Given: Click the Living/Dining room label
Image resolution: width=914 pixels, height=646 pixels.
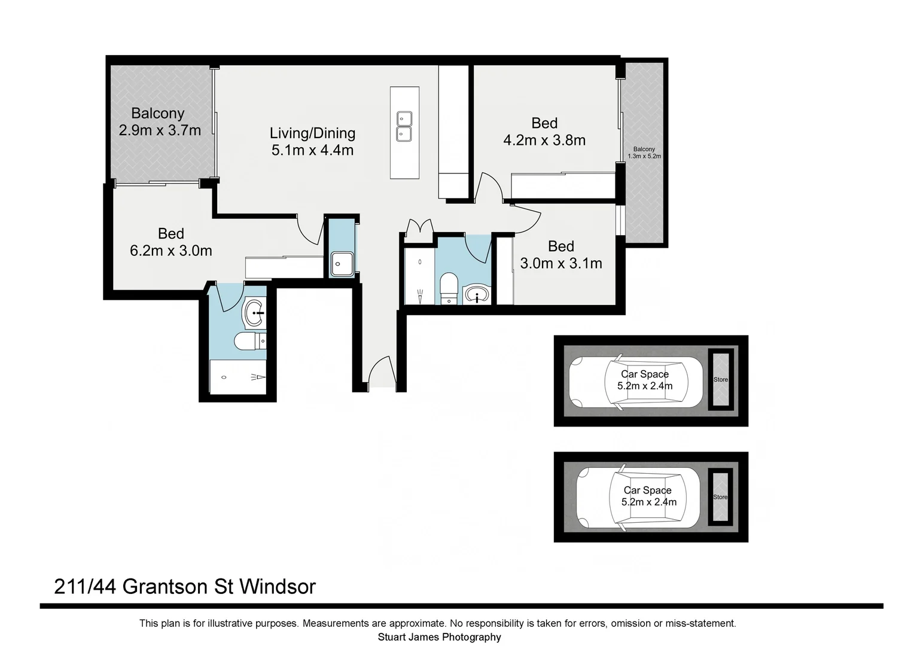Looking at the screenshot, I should pyautogui.click(x=312, y=133).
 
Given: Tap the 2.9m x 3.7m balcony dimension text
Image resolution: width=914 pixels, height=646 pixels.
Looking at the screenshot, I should pyautogui.click(x=160, y=130).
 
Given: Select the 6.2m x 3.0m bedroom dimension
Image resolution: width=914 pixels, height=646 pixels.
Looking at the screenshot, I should pyautogui.click(x=171, y=251).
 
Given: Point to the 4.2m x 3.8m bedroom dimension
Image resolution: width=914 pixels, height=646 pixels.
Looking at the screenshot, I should pyautogui.click(x=544, y=140).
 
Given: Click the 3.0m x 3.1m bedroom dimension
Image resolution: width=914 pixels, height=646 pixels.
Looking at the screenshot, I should pyautogui.click(x=561, y=263).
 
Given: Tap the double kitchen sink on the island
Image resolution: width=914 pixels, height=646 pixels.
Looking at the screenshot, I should pyautogui.click(x=404, y=126).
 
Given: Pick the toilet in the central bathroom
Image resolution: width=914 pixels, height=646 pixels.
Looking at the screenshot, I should pyautogui.click(x=449, y=286).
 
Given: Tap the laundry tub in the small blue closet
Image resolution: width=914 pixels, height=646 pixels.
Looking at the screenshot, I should pyautogui.click(x=342, y=263).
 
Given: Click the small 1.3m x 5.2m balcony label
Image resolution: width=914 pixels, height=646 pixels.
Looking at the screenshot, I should pyautogui.click(x=644, y=153).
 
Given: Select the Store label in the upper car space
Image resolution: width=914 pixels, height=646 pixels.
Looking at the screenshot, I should pyautogui.click(x=720, y=380).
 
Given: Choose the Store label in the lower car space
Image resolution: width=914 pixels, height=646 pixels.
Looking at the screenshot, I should pyautogui.click(x=720, y=497).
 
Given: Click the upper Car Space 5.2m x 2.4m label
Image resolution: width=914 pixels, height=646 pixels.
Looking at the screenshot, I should pyautogui.click(x=645, y=380).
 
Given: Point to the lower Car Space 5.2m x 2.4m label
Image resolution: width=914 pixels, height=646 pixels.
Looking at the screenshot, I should pyautogui.click(x=648, y=496).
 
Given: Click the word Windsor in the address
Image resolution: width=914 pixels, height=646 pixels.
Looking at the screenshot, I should pyautogui.click(x=277, y=587).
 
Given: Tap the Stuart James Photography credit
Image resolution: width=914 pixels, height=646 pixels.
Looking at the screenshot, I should pyautogui.click(x=439, y=637).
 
